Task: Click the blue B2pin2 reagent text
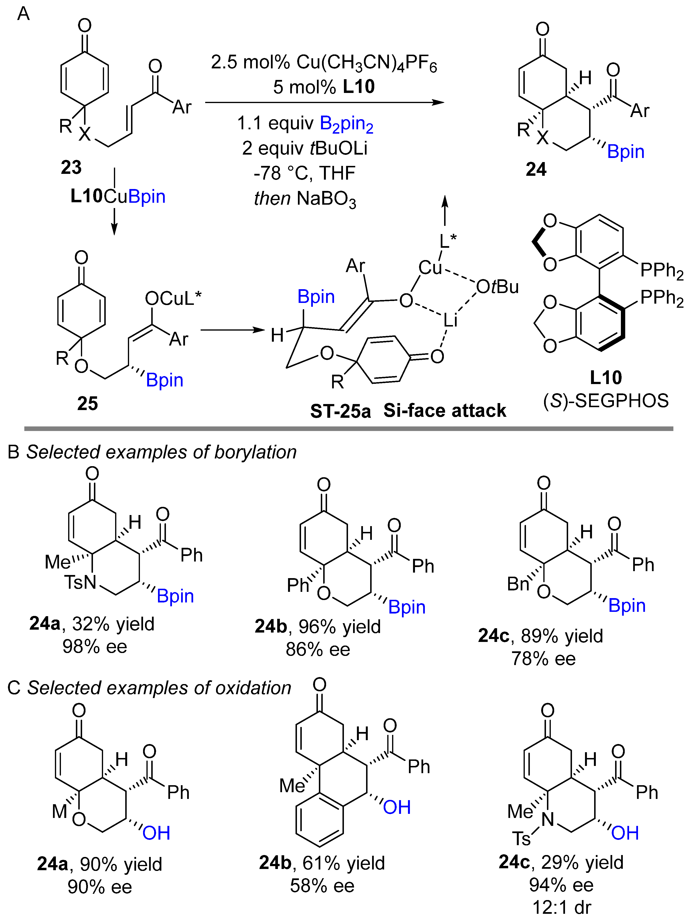click(x=347, y=124)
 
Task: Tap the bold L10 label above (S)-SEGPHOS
click(x=606, y=378)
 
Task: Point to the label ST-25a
click(x=340, y=411)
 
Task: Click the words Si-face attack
click(x=444, y=411)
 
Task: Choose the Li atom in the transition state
click(x=450, y=320)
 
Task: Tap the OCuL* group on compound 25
click(x=173, y=298)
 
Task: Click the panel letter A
click(x=23, y=14)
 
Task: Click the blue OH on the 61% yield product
click(x=396, y=808)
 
